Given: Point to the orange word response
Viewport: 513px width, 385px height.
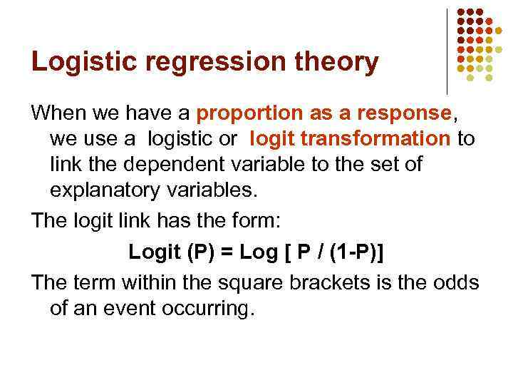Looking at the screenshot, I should tap(406, 113).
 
